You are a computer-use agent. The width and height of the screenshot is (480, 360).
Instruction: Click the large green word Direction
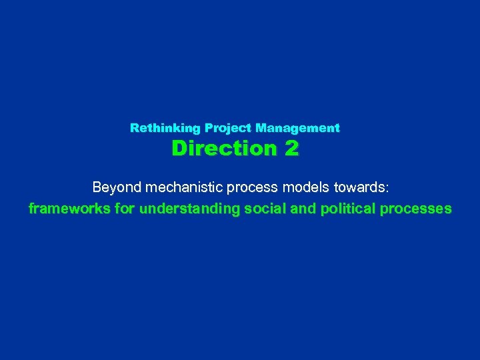[x=223, y=148]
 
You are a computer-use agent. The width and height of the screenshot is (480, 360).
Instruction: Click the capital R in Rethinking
[x=134, y=127]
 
